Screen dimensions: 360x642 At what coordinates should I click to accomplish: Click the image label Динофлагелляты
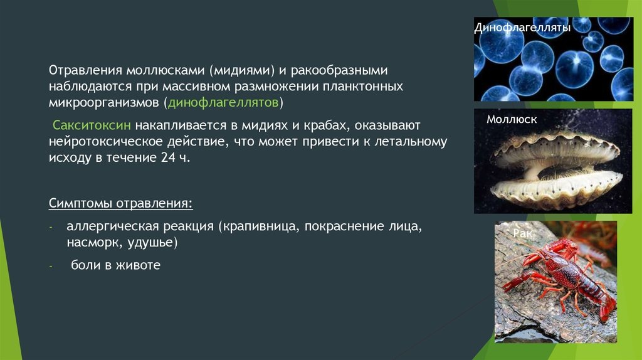[513, 29]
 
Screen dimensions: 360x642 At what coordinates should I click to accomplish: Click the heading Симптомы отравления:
[120, 204]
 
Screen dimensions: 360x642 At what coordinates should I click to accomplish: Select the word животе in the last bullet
[141, 265]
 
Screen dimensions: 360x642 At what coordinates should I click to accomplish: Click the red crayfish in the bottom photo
[561, 276]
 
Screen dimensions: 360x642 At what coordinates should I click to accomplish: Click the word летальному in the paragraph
[414, 141]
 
